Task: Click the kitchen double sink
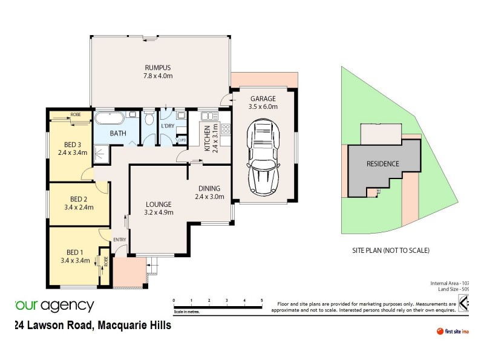(208, 116)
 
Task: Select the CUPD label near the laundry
(181, 140)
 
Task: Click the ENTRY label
(119, 240)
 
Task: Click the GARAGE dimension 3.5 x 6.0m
(263, 106)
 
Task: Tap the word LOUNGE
(159, 204)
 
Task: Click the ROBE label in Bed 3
(76, 114)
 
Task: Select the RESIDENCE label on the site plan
(382, 164)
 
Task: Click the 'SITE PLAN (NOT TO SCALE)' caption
(390, 250)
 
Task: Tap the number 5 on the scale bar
(261, 300)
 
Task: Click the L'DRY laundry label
(168, 125)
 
